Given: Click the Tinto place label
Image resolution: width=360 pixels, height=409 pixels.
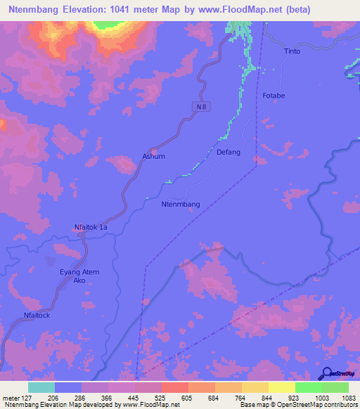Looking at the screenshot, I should [292, 51].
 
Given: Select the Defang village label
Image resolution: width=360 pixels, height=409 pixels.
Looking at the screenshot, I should [229, 152].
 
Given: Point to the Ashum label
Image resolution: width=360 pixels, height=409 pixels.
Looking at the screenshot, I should [153, 156].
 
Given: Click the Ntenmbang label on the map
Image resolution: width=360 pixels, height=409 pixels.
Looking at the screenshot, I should [181, 204].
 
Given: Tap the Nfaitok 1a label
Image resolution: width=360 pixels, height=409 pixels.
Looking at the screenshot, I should [91, 227].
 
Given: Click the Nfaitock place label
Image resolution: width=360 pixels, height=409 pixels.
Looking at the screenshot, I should [37, 316].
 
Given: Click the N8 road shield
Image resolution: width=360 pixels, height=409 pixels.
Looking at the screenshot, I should [201, 106].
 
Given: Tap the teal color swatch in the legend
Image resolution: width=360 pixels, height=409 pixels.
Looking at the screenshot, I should [41, 387].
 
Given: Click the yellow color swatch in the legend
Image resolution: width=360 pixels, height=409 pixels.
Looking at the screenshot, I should [282, 387].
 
